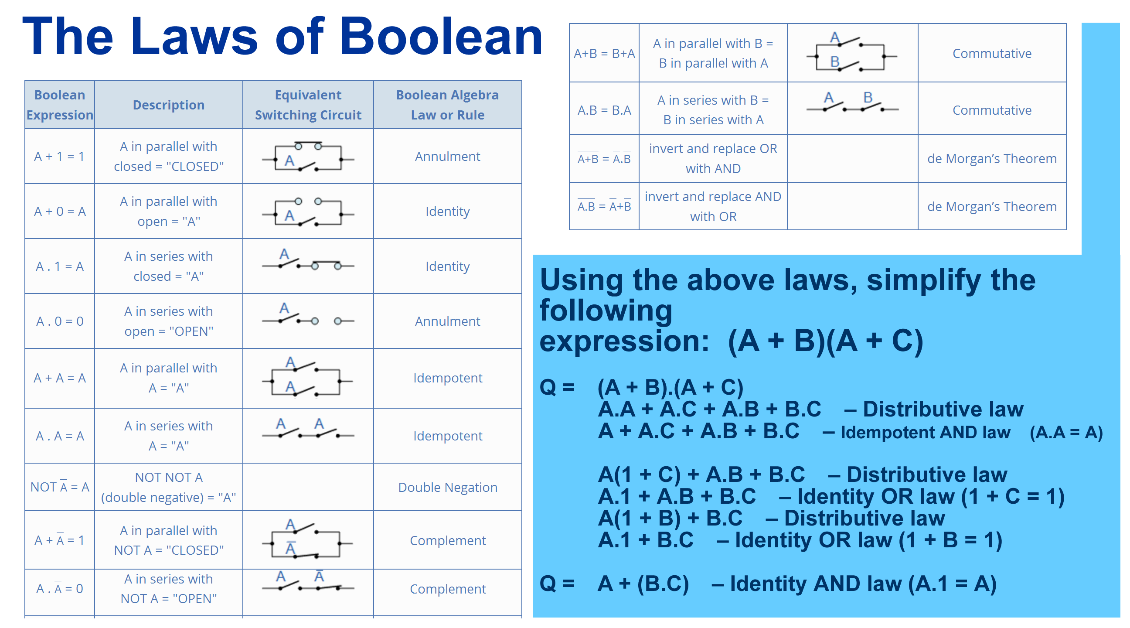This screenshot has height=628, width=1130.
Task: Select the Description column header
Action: pos(169,105)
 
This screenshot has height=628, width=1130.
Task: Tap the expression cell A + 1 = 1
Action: pos(60,156)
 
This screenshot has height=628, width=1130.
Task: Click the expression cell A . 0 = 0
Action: pos(60,321)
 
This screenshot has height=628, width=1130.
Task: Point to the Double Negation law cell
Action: pos(448,487)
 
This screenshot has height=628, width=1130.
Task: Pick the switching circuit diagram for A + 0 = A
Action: pos(308,212)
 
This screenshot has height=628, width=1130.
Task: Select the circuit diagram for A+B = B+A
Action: pos(852,52)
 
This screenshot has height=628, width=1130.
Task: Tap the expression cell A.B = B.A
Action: pos(604,110)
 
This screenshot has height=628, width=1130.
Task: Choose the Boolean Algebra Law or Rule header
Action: pos(448,105)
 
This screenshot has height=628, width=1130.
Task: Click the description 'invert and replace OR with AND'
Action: pos(713,158)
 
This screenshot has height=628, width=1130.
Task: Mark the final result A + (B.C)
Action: pos(643,583)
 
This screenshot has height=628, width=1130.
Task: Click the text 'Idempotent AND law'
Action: pos(926,432)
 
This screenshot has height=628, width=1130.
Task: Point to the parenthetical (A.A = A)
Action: pos(1066,432)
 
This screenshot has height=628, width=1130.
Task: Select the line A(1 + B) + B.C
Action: pos(670,518)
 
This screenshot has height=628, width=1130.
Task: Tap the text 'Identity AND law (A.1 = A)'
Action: pos(863,583)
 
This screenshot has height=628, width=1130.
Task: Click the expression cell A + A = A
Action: pos(60,378)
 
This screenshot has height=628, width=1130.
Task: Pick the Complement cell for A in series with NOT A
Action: pos(448,589)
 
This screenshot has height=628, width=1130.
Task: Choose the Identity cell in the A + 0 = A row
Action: pos(448,211)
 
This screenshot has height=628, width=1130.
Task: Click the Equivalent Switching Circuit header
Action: pos(308,105)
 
